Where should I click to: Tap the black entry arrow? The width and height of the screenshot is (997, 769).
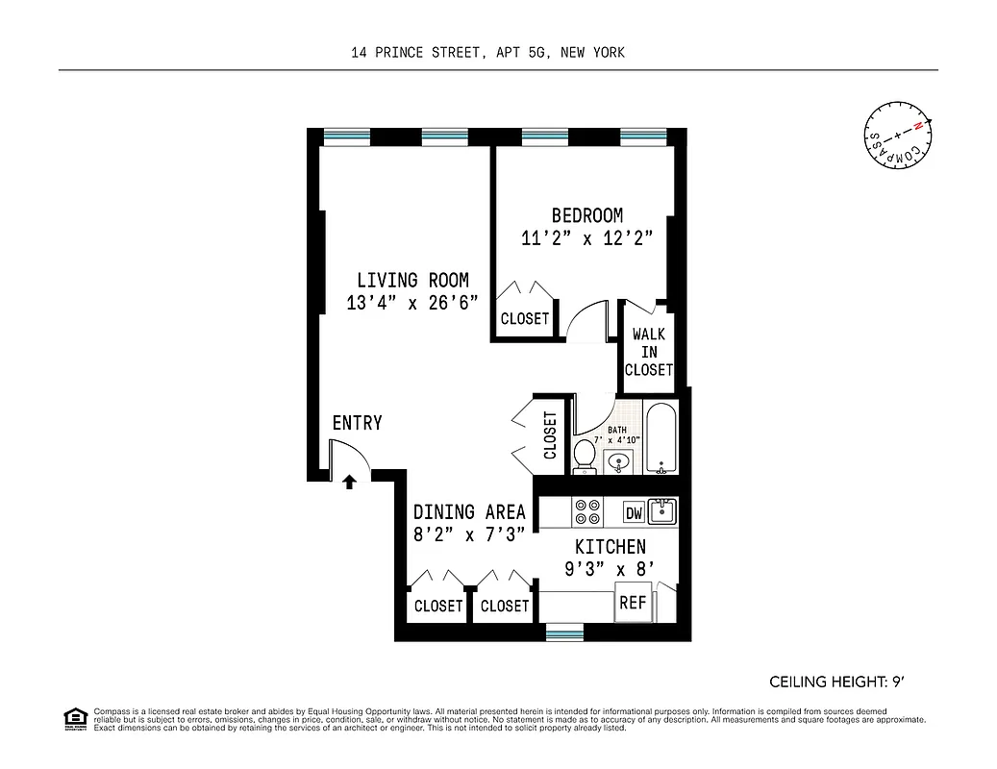350,480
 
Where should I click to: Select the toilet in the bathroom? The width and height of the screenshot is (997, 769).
585,456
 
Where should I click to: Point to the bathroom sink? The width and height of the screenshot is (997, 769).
619,463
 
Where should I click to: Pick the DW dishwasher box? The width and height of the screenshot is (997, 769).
634,513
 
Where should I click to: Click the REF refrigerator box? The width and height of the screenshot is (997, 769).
632,604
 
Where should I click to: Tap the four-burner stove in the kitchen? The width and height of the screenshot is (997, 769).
586,511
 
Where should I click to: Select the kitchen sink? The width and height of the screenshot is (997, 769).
661,510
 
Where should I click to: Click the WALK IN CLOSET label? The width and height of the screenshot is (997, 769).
648,352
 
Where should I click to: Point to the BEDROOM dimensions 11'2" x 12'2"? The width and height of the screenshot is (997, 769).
586,238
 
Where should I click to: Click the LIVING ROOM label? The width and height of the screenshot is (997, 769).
412,281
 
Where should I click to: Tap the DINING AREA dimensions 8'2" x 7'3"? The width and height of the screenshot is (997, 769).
468,535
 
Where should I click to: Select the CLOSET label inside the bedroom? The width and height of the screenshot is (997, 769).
524,319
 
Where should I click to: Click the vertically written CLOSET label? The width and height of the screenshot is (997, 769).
551,435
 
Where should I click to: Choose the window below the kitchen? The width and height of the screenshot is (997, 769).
563,632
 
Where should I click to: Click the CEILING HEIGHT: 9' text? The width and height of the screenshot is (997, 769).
836,682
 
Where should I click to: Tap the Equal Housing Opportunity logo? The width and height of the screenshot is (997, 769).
74,717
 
